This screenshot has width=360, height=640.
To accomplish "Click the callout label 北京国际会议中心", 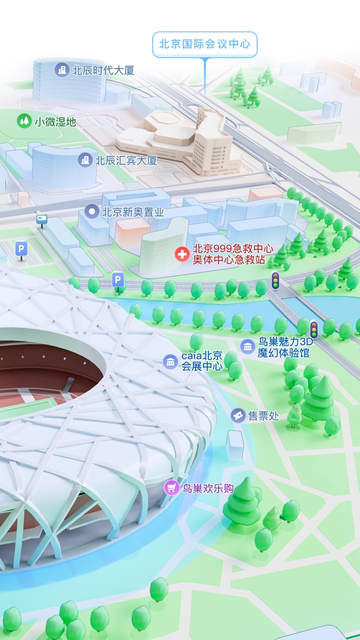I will pyautogui.click(x=204, y=44).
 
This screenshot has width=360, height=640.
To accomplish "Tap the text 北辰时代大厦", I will pyautogui.click(x=103, y=70).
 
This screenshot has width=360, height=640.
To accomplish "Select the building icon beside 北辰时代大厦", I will pyautogui.click(x=62, y=70).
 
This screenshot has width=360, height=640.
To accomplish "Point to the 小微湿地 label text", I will pyautogui.click(x=55, y=122).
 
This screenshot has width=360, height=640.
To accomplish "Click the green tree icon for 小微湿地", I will pyautogui.click(x=24, y=121).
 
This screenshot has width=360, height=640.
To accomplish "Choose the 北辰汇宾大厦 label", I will pyautogui.click(x=126, y=161).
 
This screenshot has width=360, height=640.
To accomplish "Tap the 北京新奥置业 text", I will pyautogui.click(x=133, y=211).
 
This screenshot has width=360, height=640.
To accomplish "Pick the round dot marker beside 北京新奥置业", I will pyautogui.click(x=92, y=211).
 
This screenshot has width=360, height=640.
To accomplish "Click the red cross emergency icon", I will pyautogui.click(x=182, y=254).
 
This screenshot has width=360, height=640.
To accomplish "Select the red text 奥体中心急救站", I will pyautogui.click(x=229, y=260).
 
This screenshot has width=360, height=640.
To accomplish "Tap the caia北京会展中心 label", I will pyautogui.click(x=202, y=361).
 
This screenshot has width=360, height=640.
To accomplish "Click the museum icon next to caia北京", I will pyautogui.click(x=170, y=361).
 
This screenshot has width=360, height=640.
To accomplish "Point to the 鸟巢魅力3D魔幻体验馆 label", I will pyautogui.click(x=284, y=348).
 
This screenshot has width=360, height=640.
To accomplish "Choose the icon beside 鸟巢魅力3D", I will pyautogui.click(x=247, y=347).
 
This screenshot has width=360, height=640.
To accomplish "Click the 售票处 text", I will pyautogui.click(x=263, y=416).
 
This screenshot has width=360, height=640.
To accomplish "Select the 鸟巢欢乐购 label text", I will pyautogui.click(x=208, y=488).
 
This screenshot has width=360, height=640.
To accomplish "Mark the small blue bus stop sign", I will pyautogui.click(x=42, y=220).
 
